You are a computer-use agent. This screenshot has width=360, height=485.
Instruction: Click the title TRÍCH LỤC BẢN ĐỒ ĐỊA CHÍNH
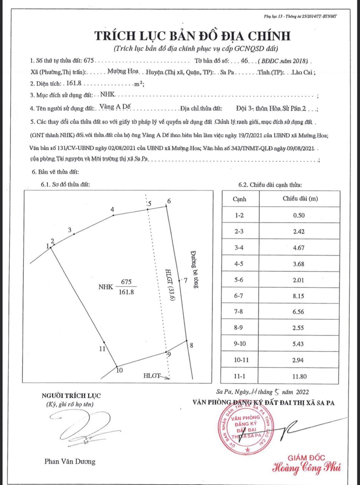point(192,36)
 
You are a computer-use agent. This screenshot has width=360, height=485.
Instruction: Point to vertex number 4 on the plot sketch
point(112,210)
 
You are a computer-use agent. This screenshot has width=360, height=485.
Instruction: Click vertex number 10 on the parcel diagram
point(119,371)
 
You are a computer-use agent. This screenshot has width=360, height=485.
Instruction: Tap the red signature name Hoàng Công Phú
point(307,468)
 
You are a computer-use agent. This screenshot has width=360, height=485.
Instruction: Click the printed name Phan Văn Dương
point(70,462)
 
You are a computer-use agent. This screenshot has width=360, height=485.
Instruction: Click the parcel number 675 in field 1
point(88,61)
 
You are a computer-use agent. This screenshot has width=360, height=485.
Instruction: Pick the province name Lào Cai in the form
point(302,72)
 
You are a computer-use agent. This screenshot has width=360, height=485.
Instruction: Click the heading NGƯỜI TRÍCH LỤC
point(71,396)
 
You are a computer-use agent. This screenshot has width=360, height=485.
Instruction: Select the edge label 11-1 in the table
point(239,377)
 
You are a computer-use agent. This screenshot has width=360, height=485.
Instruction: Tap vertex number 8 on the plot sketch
point(192,345)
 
